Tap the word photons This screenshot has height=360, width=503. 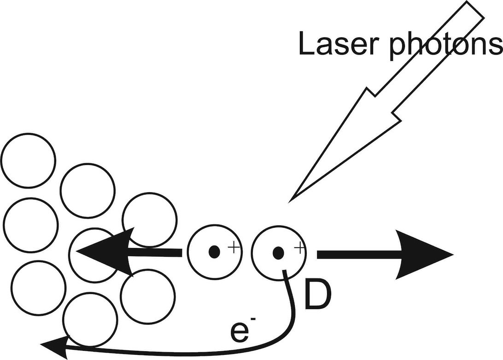[446, 45]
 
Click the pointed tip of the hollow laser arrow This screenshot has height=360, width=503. [289, 202]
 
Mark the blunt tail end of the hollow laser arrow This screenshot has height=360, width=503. [475, 9]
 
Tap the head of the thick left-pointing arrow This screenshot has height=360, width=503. [104, 252]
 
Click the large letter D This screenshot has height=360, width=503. [317, 295]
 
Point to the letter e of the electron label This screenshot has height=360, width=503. [240, 332]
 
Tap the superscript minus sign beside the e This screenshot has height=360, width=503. [253, 319]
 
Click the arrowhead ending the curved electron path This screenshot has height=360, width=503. [54, 347]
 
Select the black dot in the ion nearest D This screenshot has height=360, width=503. [278, 253]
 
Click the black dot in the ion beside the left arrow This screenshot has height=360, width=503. [214, 252]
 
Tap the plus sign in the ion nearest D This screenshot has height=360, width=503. [298, 248]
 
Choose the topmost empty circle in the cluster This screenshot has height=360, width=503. [28, 160]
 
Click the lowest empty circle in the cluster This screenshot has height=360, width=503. [90, 320]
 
